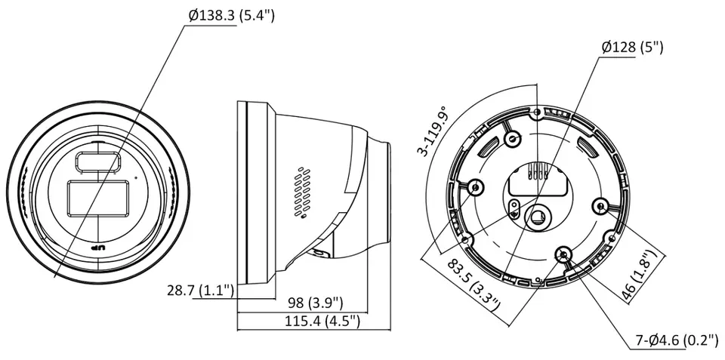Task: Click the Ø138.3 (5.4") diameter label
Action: click(x=232, y=16)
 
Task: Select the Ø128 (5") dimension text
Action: click(x=632, y=48)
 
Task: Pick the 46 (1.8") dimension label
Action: click(x=640, y=276)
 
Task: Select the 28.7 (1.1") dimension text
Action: click(x=200, y=291)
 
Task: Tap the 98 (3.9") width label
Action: click(x=316, y=303)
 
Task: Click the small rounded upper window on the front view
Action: click(x=98, y=162)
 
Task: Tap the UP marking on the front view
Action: click(x=99, y=248)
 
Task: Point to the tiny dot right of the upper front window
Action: click(x=136, y=177)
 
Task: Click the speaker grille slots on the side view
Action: click(x=302, y=192)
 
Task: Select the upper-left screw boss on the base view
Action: click(x=513, y=137)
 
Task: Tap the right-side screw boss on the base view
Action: click(x=601, y=207)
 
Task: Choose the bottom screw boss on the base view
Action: click(x=563, y=254)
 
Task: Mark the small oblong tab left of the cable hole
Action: click(x=512, y=208)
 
